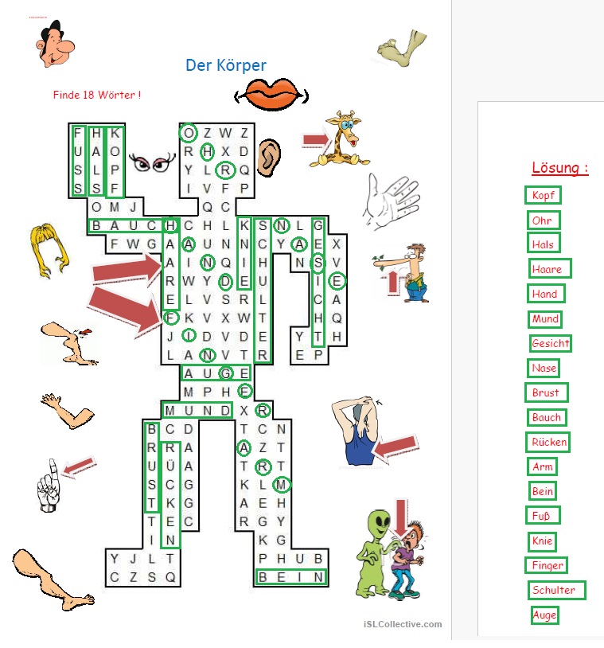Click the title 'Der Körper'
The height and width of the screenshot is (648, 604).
(226, 65)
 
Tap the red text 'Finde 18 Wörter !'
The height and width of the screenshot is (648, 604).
(97, 95)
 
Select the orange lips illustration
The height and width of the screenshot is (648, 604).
(271, 94)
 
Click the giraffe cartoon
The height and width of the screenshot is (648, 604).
(340, 139)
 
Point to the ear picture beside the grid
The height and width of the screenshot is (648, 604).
(269, 158)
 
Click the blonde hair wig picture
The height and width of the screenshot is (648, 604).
(49, 251)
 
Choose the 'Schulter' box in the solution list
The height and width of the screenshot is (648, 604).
(556, 590)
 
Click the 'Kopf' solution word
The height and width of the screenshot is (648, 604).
(543, 195)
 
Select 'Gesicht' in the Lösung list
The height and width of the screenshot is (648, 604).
(551, 343)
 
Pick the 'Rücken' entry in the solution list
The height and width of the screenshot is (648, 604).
(548, 442)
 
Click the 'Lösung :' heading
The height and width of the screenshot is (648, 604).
(559, 168)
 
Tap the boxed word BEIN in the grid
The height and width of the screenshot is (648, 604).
(291, 577)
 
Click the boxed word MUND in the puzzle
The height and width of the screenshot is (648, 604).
(197, 410)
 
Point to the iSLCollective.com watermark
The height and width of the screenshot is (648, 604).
(403, 624)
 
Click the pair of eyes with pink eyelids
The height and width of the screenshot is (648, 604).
(152, 163)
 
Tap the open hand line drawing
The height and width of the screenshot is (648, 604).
(391, 201)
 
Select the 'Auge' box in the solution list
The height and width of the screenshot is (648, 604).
(544, 615)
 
